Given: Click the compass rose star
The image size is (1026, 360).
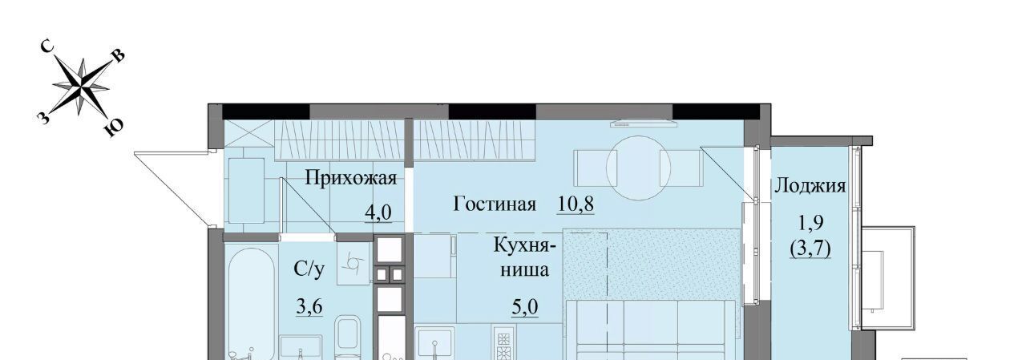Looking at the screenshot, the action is pyautogui.click(x=82, y=86).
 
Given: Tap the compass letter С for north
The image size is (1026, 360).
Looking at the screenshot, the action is pyautogui.click(x=48, y=47).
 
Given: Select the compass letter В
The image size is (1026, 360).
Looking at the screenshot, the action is pyautogui.click(x=118, y=56).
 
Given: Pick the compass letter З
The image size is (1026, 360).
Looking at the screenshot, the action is pyautogui.click(x=43, y=118).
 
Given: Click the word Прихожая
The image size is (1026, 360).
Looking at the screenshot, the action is pyautogui.click(x=351, y=178).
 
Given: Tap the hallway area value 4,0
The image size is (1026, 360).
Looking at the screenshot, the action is pyautogui.click(x=378, y=212).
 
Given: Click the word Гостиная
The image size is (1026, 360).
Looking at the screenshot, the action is pyautogui.click(x=495, y=204).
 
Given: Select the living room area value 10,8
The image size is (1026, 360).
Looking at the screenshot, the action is pyautogui.click(x=576, y=204).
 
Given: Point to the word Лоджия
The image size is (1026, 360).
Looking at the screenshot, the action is pyautogui.click(x=810, y=186).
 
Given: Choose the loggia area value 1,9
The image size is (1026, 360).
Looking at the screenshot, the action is pyautogui.click(x=811, y=223).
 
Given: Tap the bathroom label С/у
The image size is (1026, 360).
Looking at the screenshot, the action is pyautogui.click(x=309, y=269).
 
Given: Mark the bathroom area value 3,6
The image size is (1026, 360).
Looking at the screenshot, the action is pyautogui.click(x=309, y=307).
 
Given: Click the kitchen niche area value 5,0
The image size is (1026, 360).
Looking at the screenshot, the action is pyautogui.click(x=525, y=307).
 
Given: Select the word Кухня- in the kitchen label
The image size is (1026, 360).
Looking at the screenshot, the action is pyautogui.click(x=525, y=245).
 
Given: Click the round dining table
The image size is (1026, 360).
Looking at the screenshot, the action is pyautogui.click(x=639, y=168).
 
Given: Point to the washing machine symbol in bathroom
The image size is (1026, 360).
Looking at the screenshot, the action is pyautogui.click(x=353, y=262).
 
